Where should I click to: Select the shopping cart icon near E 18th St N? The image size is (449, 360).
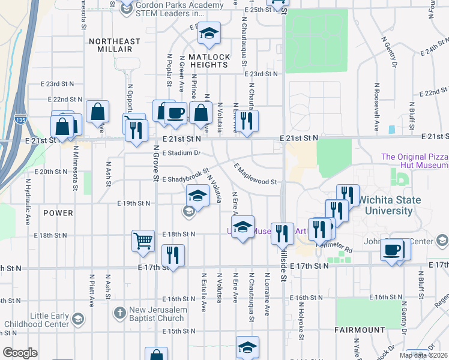pos(143,241)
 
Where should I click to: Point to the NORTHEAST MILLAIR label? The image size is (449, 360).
pos(114,42)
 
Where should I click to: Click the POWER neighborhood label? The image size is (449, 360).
pos(58,213)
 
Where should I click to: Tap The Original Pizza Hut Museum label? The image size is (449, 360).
pos(414,161)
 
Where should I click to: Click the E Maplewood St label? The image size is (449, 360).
pos(255,175)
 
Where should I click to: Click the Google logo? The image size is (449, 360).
pos(20,353)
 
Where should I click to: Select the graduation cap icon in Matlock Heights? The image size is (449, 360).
pos(209,34)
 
